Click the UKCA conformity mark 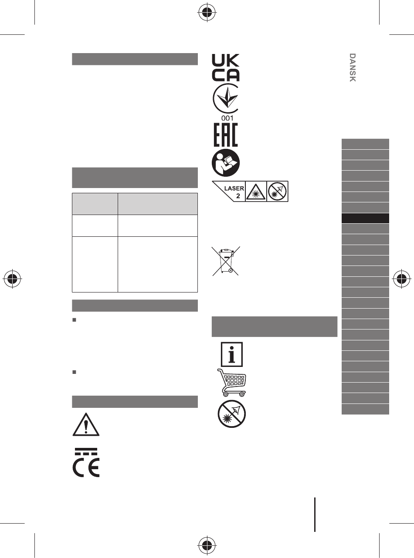(225, 67)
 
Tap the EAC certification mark (226, 135)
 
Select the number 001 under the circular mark (227, 118)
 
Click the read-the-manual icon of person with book (226, 162)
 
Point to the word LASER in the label (234, 188)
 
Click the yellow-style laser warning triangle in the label (256, 192)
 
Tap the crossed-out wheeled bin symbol (226, 261)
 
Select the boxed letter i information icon (232, 354)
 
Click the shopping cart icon (231, 383)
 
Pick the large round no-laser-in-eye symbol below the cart (231, 414)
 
